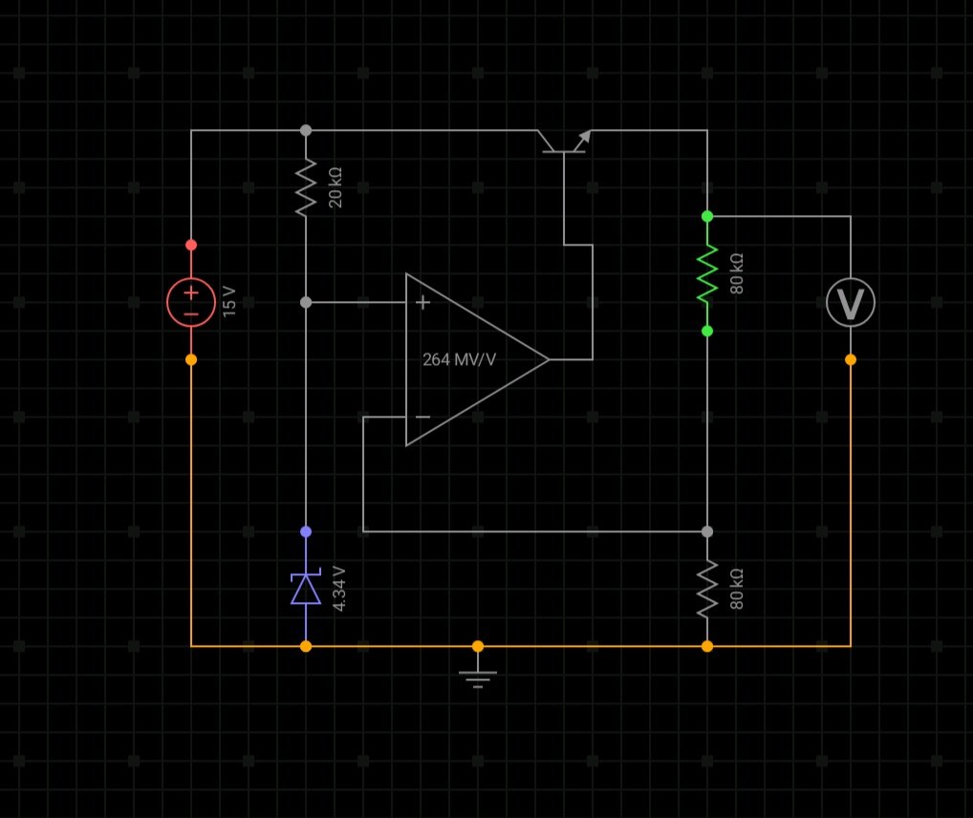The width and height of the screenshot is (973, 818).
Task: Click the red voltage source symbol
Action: tap(191, 302)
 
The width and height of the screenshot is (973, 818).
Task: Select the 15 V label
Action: tap(229, 302)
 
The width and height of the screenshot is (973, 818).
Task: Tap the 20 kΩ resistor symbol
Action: tap(306, 187)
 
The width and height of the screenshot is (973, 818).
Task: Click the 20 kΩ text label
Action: tap(335, 187)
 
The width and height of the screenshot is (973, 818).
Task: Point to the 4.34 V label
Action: tap(338, 589)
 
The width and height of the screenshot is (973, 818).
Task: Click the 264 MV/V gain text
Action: tap(459, 359)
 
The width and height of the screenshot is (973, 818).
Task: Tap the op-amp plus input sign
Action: tap(422, 302)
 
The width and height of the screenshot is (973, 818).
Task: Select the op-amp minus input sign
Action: tap(422, 417)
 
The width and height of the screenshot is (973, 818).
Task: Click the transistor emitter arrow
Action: tap(583, 140)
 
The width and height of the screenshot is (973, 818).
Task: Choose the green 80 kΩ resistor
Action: tap(707, 273)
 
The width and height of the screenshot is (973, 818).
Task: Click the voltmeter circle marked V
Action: tap(850, 302)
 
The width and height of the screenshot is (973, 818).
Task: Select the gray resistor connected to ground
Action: tap(707, 589)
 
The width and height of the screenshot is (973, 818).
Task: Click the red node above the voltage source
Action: tap(191, 246)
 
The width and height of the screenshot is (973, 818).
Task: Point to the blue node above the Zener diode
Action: tap(306, 532)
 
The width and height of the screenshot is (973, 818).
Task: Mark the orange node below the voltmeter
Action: tap(850, 360)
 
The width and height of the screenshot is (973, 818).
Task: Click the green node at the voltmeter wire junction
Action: tap(707, 217)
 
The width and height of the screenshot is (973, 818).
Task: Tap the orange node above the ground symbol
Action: tap(478, 647)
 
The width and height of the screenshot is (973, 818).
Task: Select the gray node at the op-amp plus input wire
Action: tap(306, 302)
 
